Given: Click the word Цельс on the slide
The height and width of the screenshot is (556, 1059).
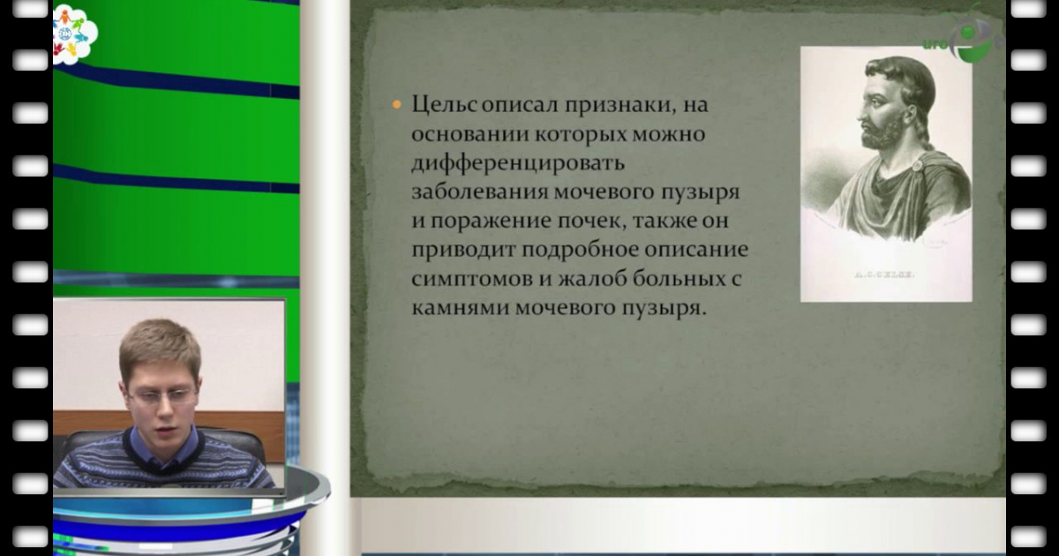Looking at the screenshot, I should [445, 105].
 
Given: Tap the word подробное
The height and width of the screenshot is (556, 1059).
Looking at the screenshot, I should [581, 250].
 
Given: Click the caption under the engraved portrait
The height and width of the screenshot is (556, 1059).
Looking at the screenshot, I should [885, 275].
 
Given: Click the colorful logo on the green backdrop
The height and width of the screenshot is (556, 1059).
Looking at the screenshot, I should [73, 34].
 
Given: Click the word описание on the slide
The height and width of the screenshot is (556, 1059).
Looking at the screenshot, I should [702, 250].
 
